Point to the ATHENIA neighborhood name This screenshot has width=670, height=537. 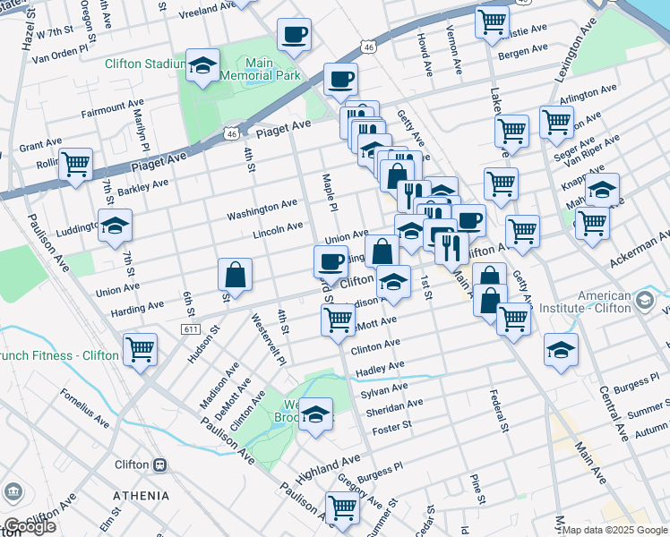(x=142, y=495)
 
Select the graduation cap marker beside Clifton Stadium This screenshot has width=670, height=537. (x=203, y=66)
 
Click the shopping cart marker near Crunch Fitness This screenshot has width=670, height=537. (x=141, y=349)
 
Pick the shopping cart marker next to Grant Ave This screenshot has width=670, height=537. (x=76, y=165)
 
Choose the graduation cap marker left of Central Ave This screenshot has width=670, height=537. (x=561, y=349)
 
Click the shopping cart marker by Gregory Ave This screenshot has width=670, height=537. (x=342, y=507)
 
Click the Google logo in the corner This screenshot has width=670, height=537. (x=30, y=526)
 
